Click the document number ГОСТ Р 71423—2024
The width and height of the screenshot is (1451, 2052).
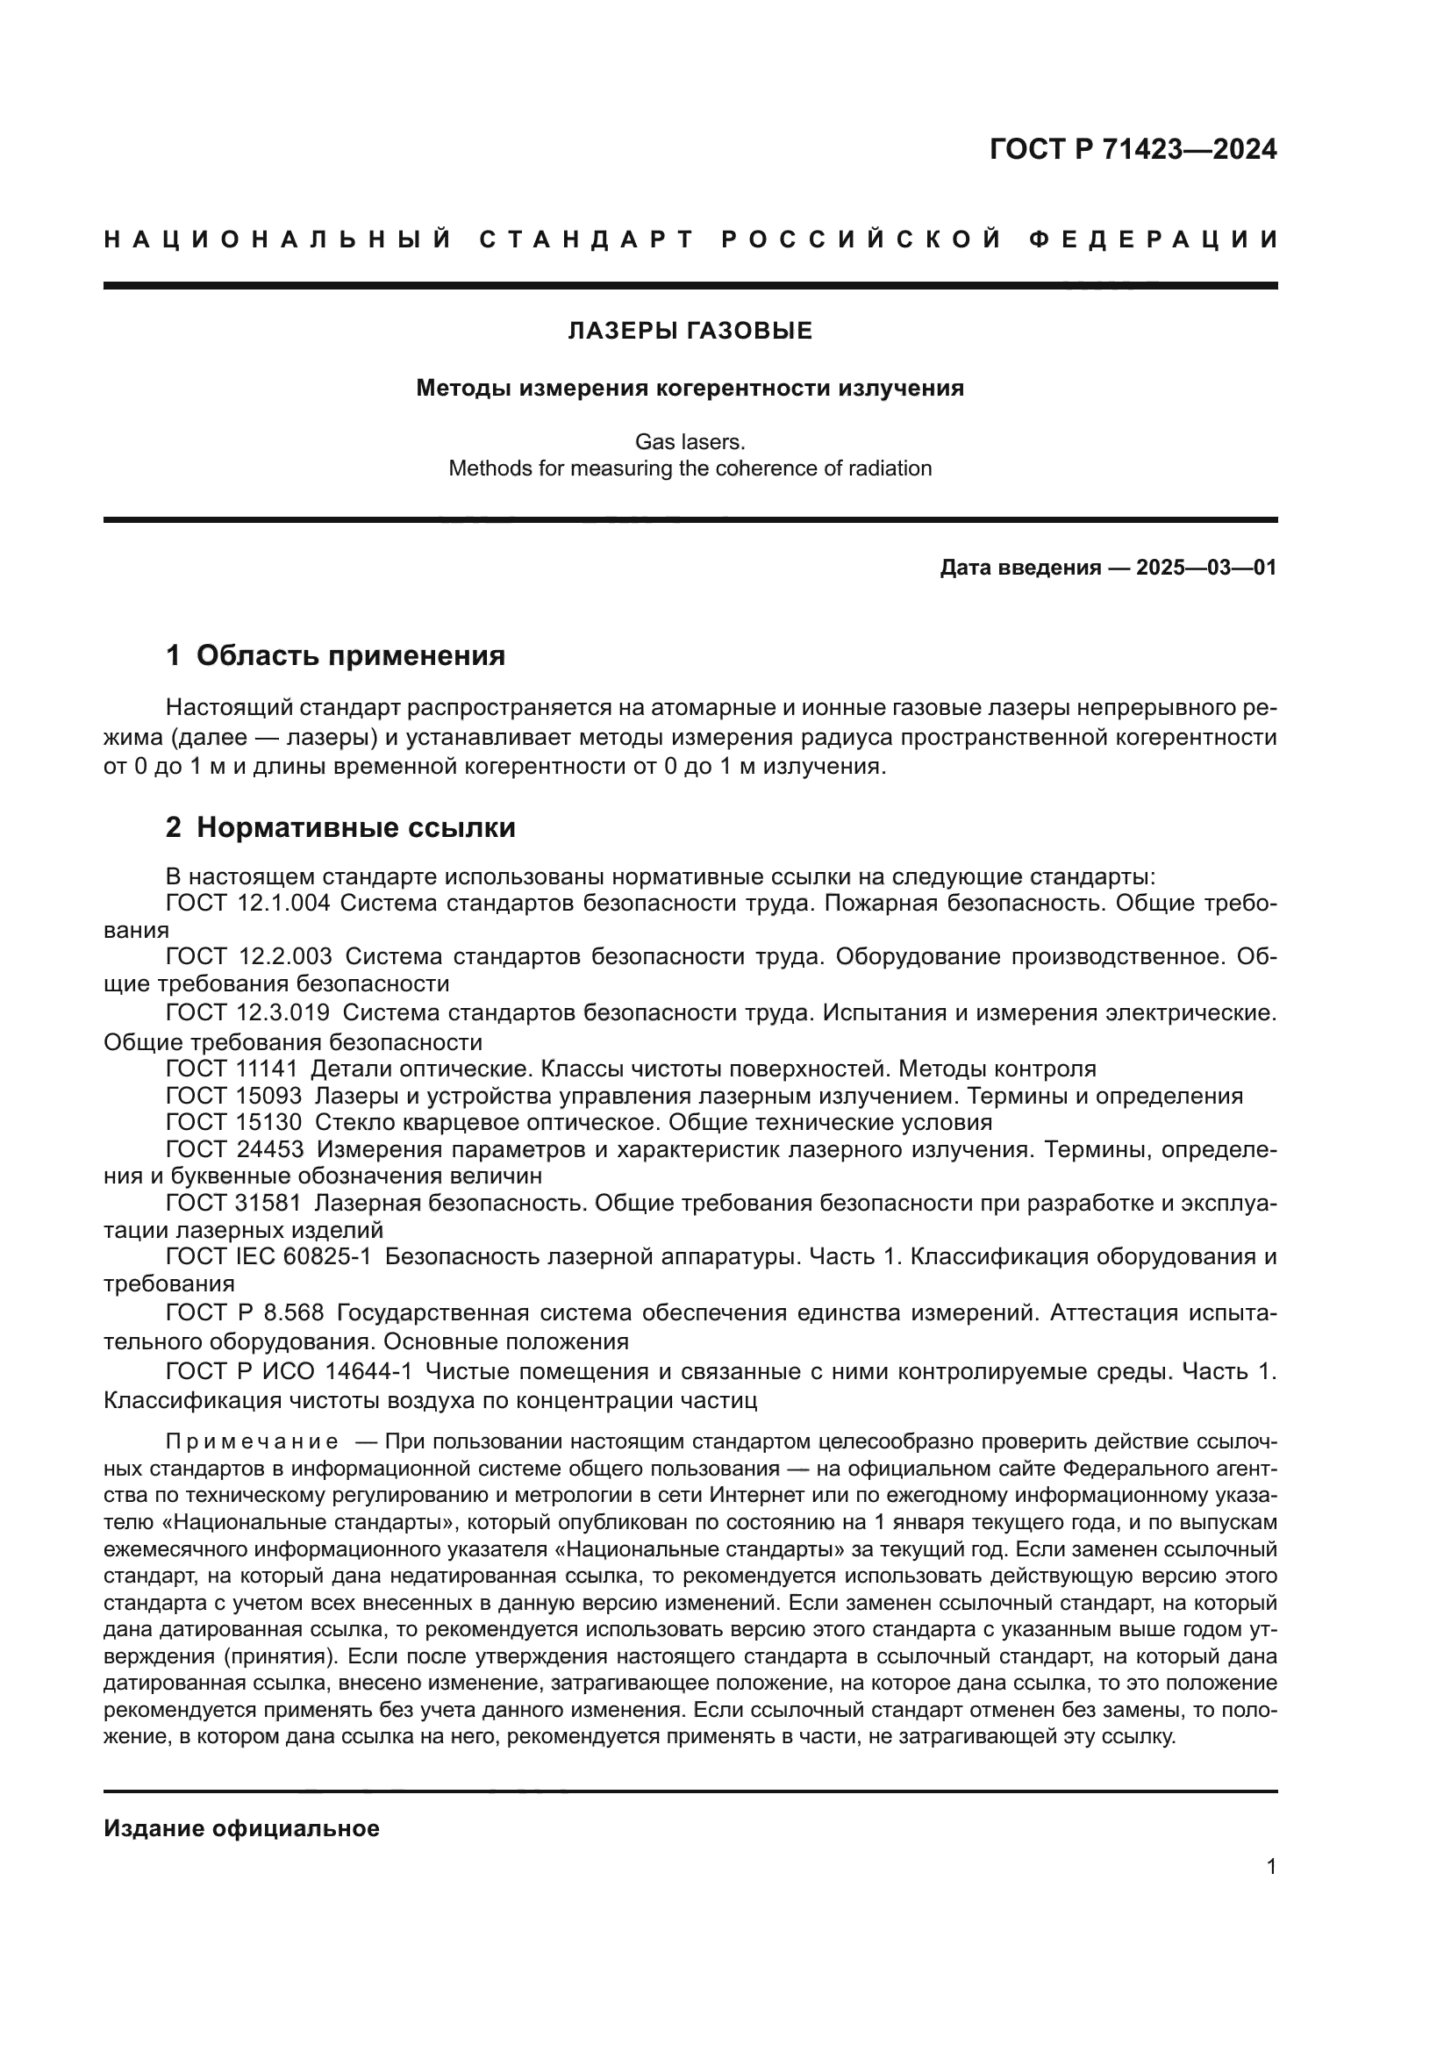coord(1133,149)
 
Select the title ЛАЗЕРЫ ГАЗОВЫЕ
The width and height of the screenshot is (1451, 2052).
coord(690,332)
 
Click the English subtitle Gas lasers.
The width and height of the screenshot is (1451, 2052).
coord(690,441)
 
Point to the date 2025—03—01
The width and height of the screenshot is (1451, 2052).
coord(1206,568)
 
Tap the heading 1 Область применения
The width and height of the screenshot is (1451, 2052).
coord(335,656)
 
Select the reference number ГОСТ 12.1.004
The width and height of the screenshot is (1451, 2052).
coord(247,904)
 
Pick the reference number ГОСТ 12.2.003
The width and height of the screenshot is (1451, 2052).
coord(248,957)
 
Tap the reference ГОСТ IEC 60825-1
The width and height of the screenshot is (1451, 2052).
coord(268,1256)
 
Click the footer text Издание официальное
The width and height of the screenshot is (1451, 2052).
coord(241,1828)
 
